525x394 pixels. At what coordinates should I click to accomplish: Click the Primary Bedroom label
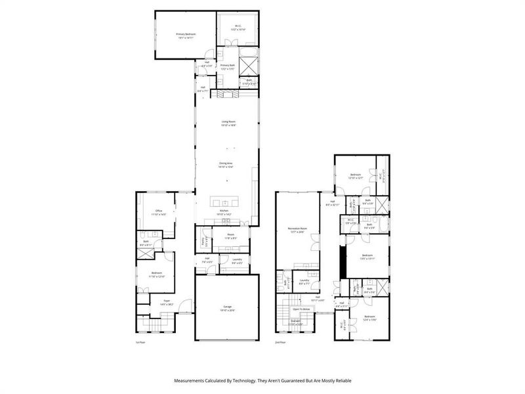[186, 33]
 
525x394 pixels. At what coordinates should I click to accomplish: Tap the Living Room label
[228, 121]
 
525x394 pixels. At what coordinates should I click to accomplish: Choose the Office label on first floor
[158, 211]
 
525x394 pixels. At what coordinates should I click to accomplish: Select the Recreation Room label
[298, 229]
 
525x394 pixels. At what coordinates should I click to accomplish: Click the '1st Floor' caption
[140, 342]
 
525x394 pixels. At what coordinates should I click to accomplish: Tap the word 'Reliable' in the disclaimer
[339, 380]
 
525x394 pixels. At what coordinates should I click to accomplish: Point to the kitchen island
[225, 202]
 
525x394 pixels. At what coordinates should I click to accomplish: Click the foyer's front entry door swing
[187, 305]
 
